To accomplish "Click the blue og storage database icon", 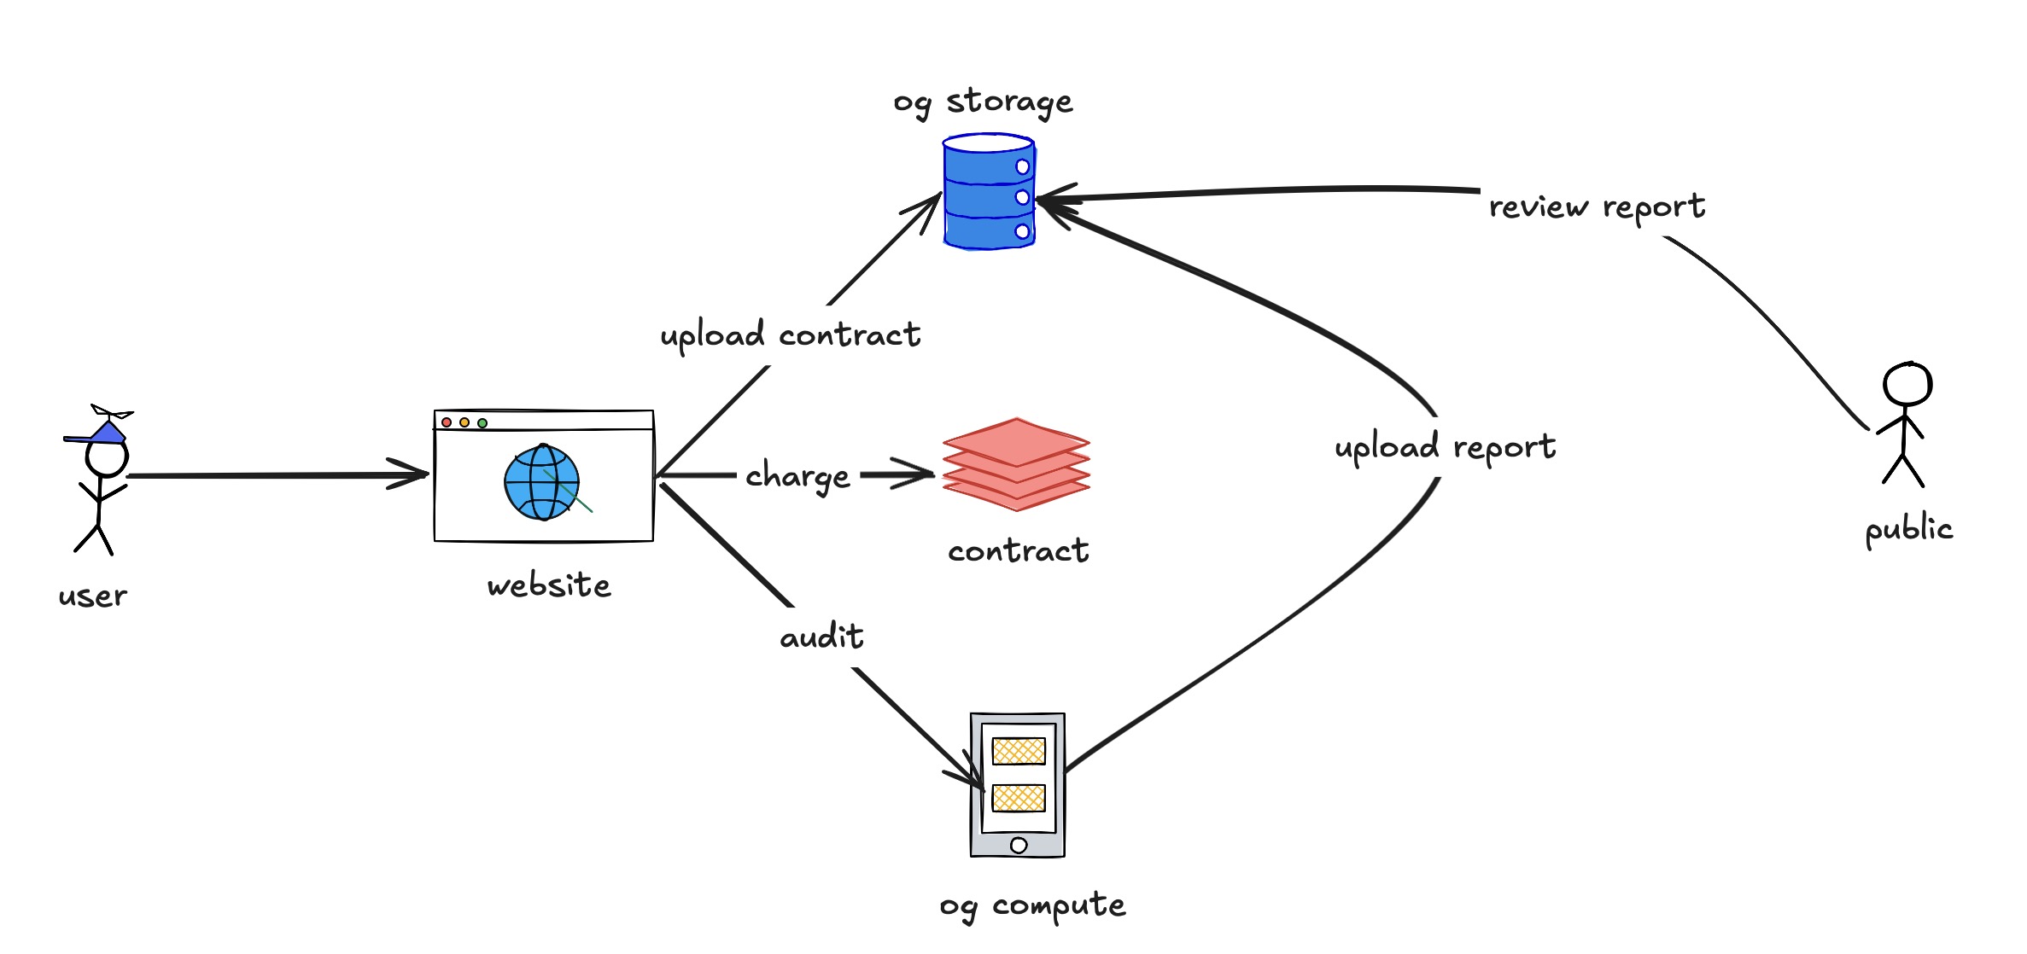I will [989, 192].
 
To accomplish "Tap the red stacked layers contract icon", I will [1016, 464].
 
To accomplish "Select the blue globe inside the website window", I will [541, 482].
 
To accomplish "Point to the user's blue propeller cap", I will [106, 430].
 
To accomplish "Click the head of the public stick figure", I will [1907, 385].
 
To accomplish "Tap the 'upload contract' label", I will [791, 335].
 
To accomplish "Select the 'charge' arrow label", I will [797, 476].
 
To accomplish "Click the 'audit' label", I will [821, 637].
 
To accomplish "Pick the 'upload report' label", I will [1445, 447].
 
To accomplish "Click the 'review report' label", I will [1597, 207].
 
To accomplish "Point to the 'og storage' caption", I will [983, 102].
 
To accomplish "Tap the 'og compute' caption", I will [1032, 905].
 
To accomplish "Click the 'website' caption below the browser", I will [549, 585].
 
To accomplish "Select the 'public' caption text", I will [1909, 529].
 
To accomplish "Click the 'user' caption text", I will [93, 596].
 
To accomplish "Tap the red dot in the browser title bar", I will [447, 422].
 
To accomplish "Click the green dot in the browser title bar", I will [482, 423].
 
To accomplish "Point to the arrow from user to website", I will [273, 475].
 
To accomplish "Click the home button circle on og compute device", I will [1019, 846].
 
